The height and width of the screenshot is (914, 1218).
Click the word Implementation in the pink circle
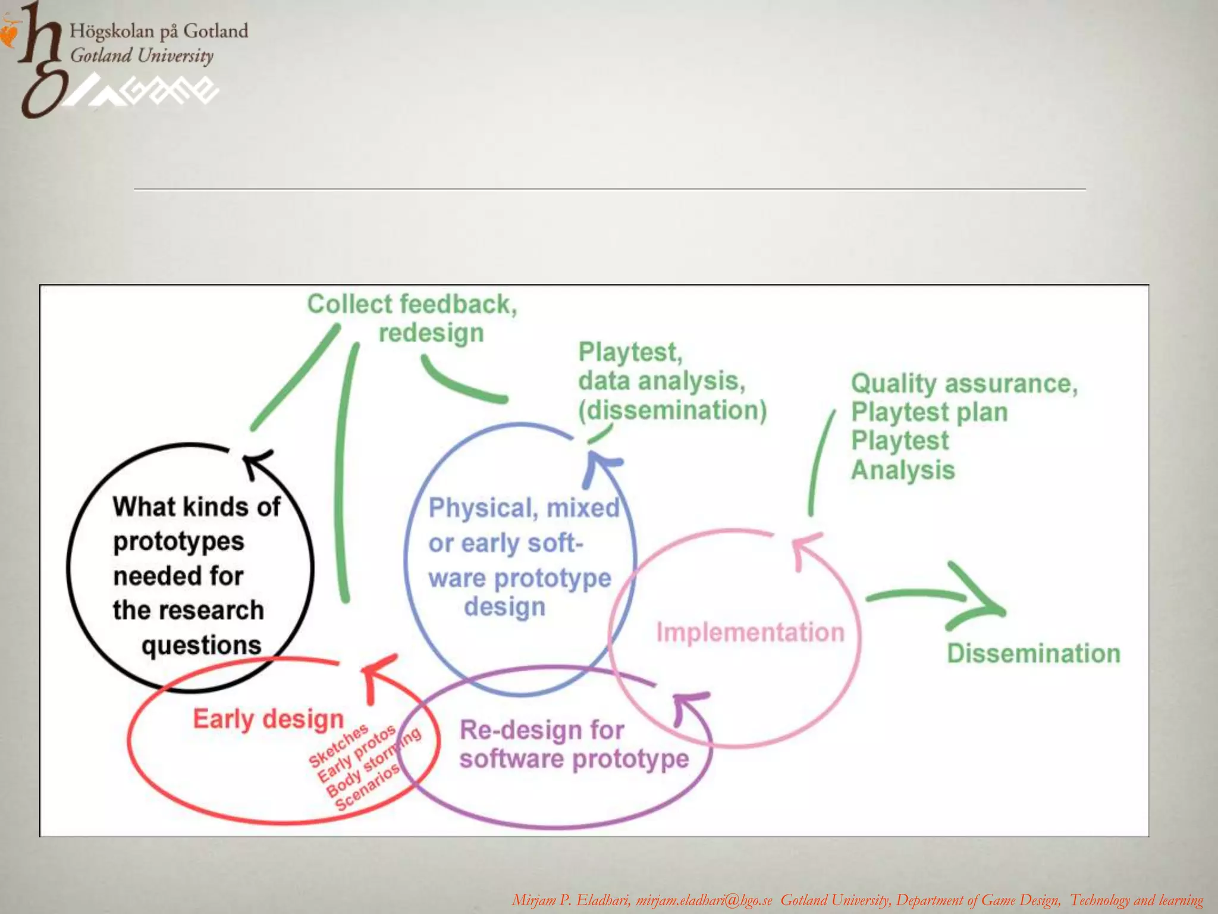pyautogui.click(x=750, y=632)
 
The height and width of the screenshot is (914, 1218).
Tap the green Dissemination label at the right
pyautogui.click(x=1034, y=653)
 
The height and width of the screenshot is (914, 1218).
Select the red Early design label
pyautogui.click(x=268, y=719)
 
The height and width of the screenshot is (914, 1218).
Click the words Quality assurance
pyautogui.click(x=963, y=384)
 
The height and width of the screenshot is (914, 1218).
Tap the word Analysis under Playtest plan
pyautogui.click(x=903, y=470)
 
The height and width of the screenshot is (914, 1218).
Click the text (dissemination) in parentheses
pyautogui.click(x=673, y=410)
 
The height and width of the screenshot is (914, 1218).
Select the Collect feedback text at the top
pyautogui.click(x=412, y=304)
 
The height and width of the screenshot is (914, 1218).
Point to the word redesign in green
pyautogui.click(x=431, y=333)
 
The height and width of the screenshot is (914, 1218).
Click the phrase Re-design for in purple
pyautogui.click(x=542, y=730)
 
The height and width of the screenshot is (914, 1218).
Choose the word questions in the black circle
pyautogui.click(x=202, y=645)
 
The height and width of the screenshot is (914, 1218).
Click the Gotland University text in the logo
pyautogui.click(x=142, y=56)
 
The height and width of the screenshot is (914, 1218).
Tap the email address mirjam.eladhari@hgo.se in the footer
pyautogui.click(x=704, y=900)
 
